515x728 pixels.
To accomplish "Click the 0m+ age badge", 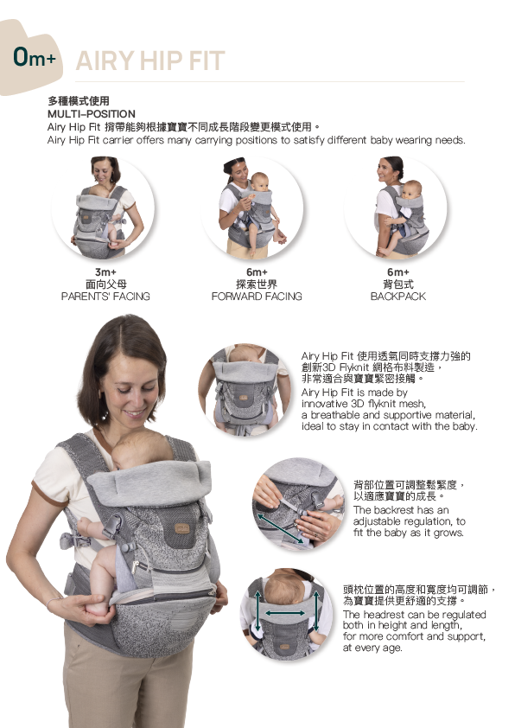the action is (x=35, y=58).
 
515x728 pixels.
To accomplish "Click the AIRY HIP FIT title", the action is (x=150, y=61).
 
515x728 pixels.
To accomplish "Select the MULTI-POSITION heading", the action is (x=92, y=114).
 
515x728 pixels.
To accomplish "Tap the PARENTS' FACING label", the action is (x=105, y=297).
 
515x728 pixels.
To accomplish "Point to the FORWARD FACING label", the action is (x=257, y=297).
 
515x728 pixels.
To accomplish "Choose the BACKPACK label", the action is (x=398, y=297).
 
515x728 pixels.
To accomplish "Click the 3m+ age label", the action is (x=105, y=272).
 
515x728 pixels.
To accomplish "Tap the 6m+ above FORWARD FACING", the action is (x=257, y=272).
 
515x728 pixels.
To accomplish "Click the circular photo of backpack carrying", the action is (x=396, y=208).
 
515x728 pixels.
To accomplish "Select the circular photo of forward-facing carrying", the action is (x=252, y=208).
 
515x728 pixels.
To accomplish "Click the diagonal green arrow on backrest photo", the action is (x=281, y=528).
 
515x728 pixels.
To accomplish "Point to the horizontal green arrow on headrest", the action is (x=285, y=613).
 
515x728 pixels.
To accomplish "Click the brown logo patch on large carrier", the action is (x=181, y=528).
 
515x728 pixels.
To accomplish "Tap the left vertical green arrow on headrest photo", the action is (x=258, y=611).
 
